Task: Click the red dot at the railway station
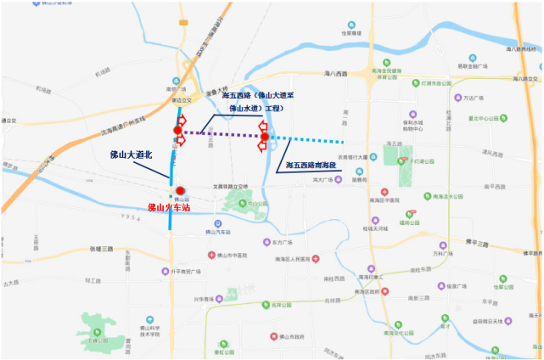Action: point(181,191)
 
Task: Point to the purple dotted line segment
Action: point(221,133)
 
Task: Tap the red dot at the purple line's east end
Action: point(265,137)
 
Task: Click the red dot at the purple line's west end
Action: point(178,129)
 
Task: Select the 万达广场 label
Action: point(483,98)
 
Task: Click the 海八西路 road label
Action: point(336,75)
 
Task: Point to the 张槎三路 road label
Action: point(101,249)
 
